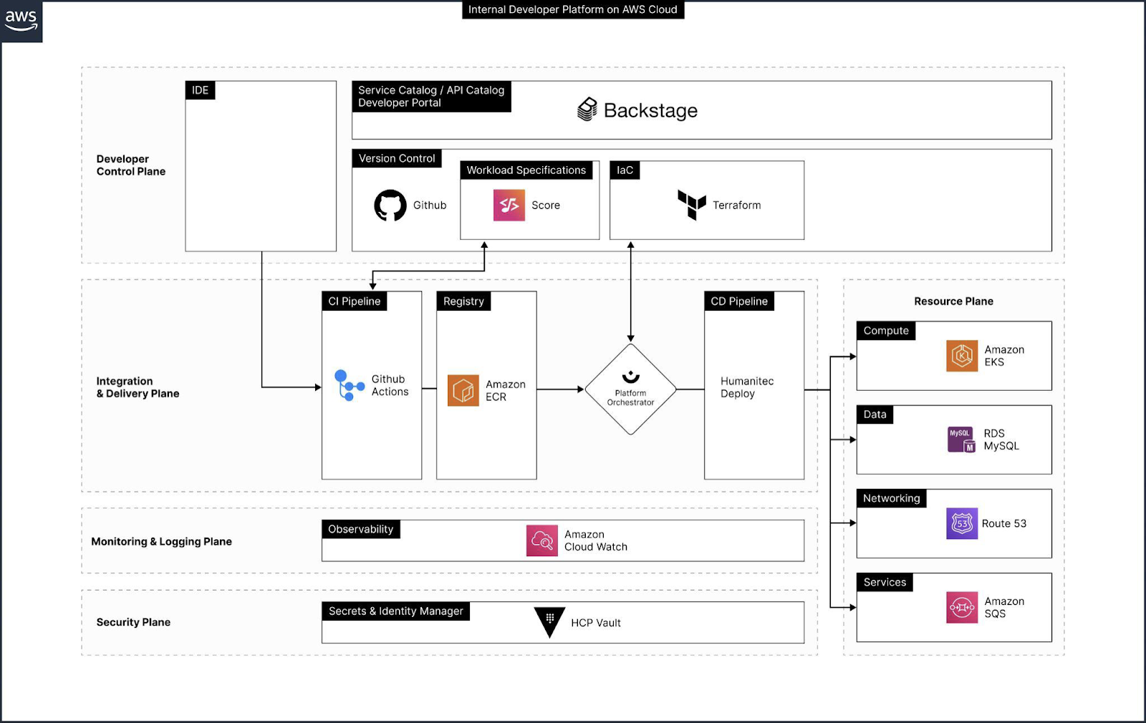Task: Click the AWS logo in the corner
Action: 21,20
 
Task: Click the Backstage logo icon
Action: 587,110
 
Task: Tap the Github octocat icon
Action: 390,205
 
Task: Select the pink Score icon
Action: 509,205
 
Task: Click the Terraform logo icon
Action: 692,205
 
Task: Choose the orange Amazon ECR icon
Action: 463,390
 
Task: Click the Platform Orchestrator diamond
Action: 630,389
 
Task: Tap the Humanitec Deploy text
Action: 746,387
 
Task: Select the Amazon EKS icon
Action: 962,356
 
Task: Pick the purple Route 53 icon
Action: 962,523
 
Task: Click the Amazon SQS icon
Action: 962,607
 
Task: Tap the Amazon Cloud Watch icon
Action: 542,540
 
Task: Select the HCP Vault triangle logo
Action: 550,621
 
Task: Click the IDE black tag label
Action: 200,90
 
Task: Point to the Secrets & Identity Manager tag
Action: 395,611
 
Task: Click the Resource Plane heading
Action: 953,301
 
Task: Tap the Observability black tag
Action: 361,529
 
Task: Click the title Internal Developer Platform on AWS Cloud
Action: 572,9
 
